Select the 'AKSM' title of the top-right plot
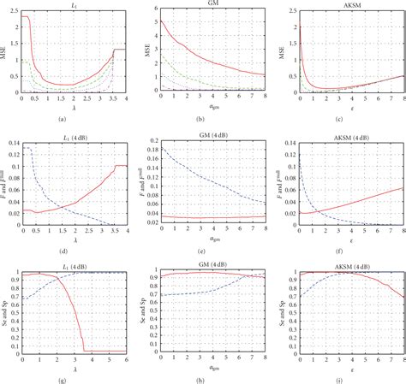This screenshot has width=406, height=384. click(349, 4)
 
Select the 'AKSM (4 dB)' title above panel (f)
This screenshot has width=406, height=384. click(349, 137)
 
